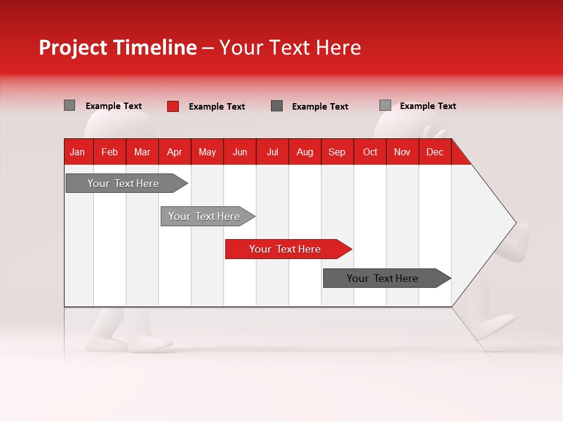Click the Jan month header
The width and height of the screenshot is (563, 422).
[x=77, y=152]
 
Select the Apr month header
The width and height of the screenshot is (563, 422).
[x=175, y=152]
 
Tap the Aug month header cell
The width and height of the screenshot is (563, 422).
[x=304, y=152]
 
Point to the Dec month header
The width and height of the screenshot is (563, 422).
[x=435, y=152]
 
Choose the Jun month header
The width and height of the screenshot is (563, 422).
[x=240, y=152]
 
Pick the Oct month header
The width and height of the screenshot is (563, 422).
[x=370, y=152]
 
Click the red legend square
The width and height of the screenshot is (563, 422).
[x=172, y=106]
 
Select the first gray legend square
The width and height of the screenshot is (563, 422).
[x=69, y=105]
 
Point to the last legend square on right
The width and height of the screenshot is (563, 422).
[x=385, y=105]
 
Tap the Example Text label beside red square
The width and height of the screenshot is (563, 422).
[x=216, y=107]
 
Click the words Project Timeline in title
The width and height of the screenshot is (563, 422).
[x=117, y=47]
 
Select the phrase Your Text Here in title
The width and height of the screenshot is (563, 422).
[x=290, y=47]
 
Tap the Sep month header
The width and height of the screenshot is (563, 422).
[x=337, y=152]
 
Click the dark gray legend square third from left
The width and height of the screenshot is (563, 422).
[x=277, y=105]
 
